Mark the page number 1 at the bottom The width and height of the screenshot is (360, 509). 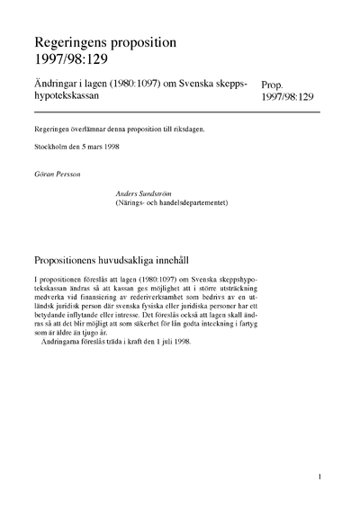(x=319, y=476)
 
